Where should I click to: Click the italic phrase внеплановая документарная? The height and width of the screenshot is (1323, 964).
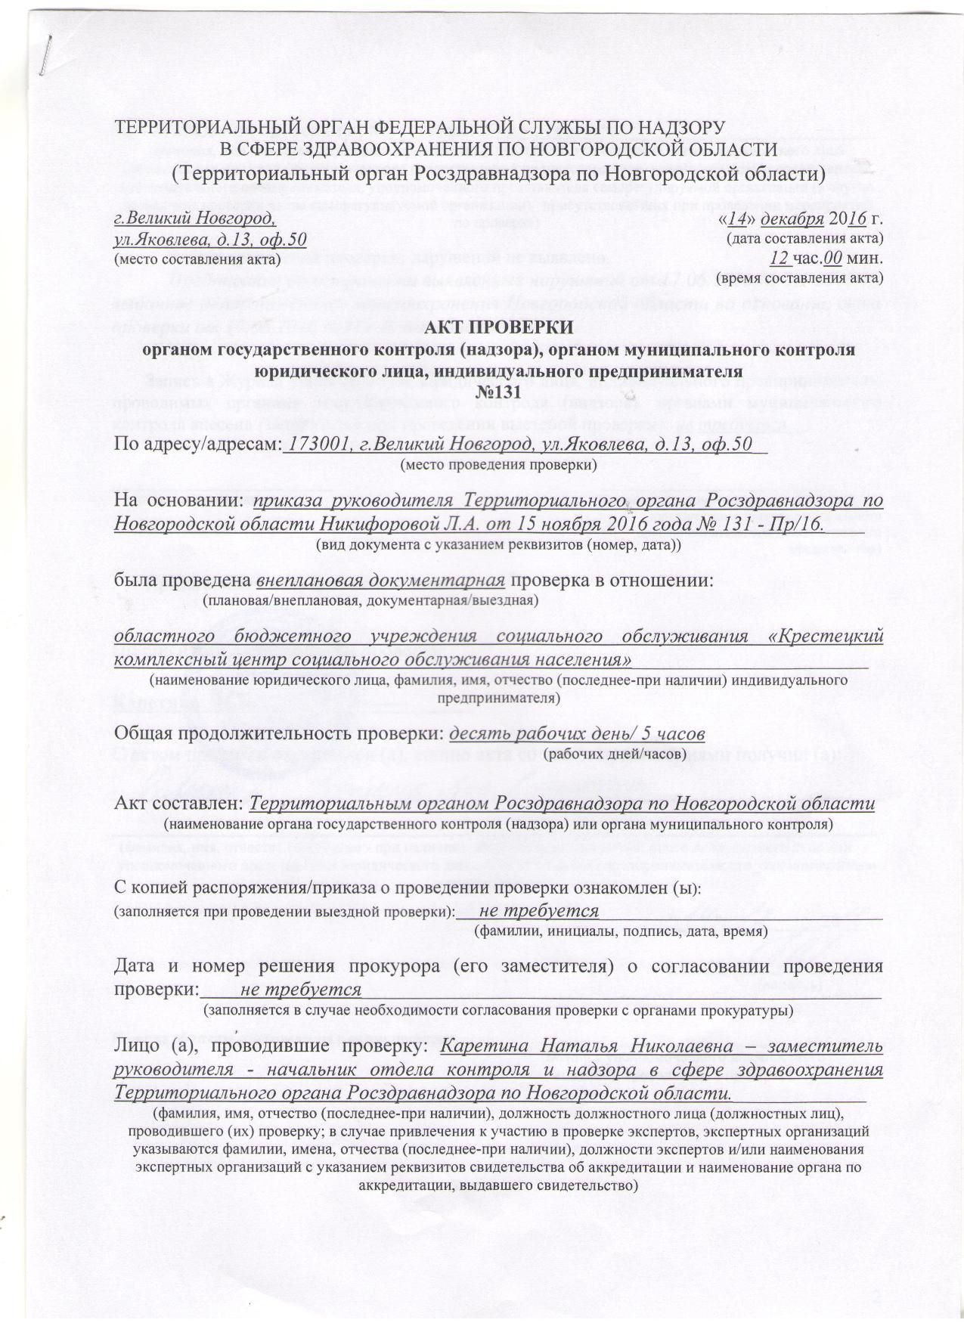(381, 581)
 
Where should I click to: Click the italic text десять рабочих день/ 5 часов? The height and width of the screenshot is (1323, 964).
(578, 734)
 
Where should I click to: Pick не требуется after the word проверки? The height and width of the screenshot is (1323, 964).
(301, 989)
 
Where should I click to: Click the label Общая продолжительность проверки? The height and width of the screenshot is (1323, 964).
(279, 734)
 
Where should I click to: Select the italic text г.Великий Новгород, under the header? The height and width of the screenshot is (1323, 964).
(194, 219)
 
